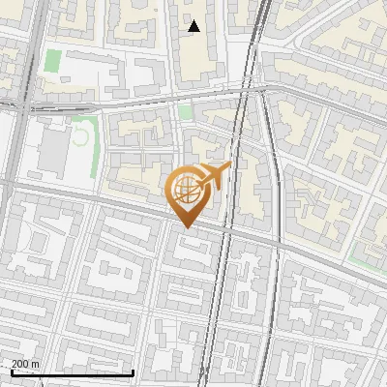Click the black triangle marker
pos(194,26)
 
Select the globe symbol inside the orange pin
pos(185,192)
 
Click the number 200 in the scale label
pos(20,364)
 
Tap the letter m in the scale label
pos(36,364)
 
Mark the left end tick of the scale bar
pos(10,372)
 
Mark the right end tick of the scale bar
pos(133,372)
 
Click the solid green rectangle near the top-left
pos(53,60)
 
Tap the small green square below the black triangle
pos(186,112)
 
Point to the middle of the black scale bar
pos(72,372)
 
